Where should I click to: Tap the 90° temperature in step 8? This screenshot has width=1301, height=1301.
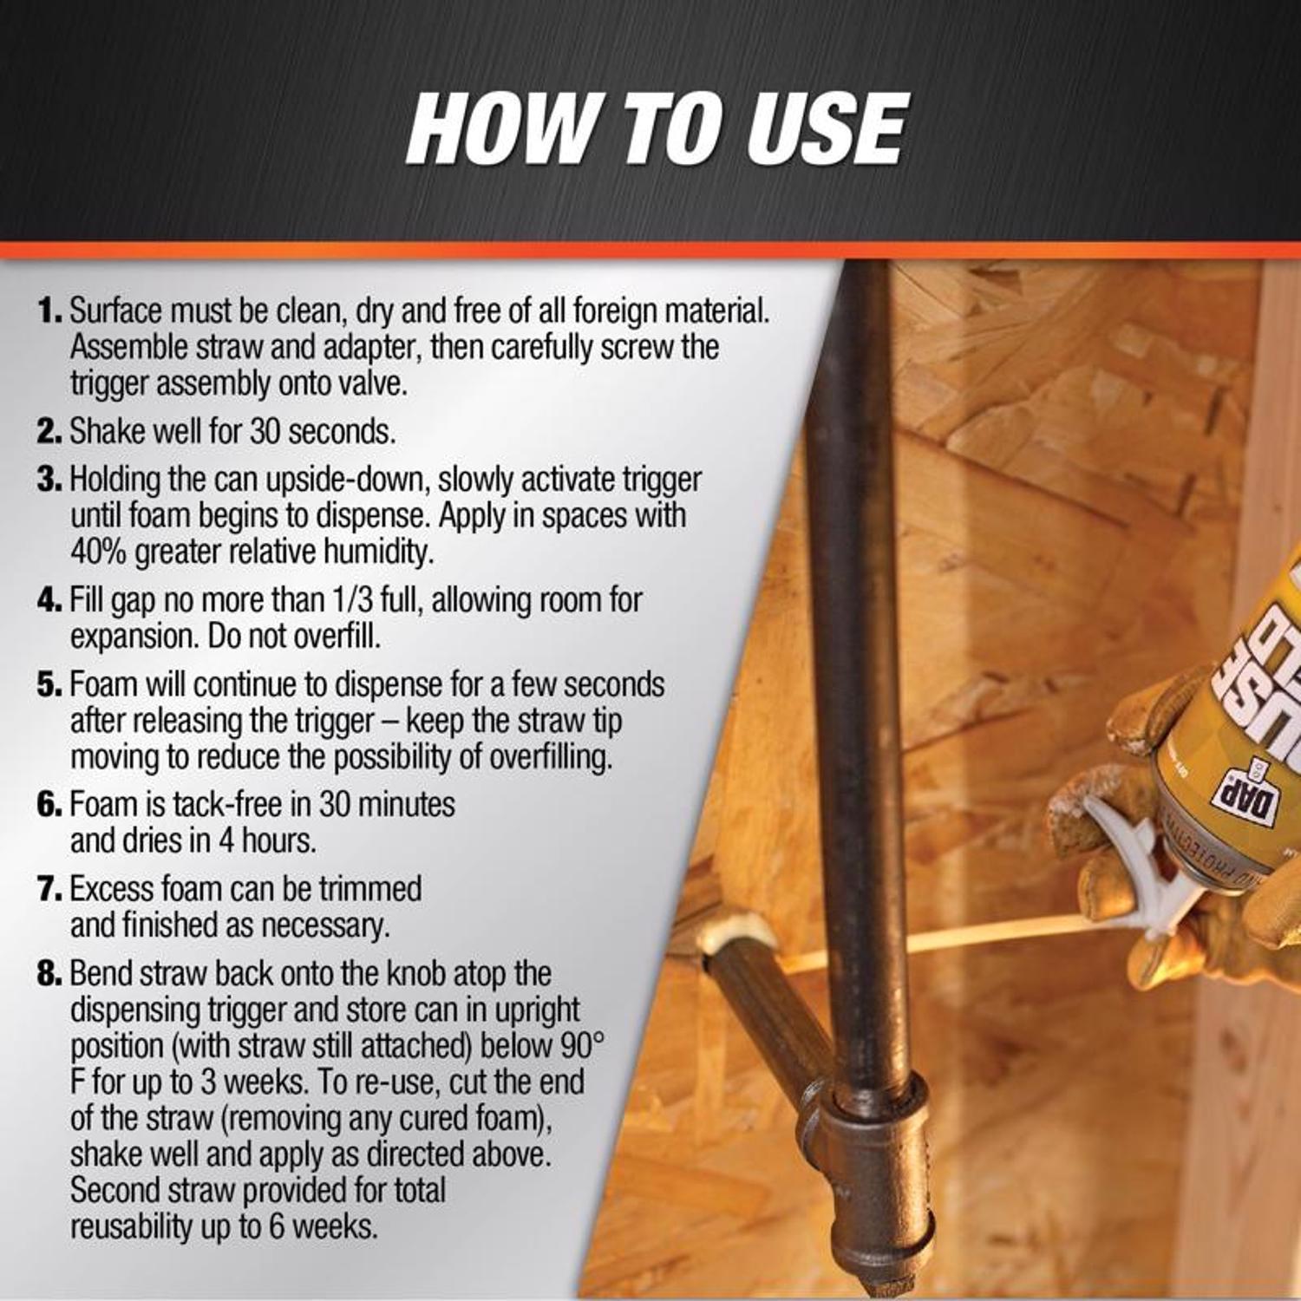point(578,1046)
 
